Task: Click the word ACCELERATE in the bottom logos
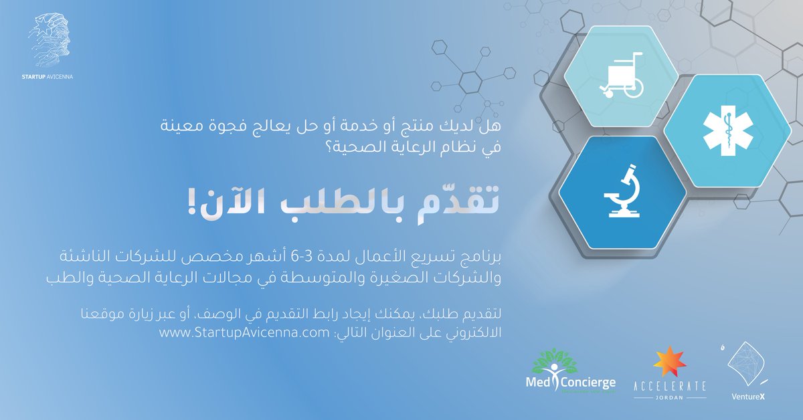[x=669, y=386]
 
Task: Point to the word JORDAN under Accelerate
[x=669, y=398]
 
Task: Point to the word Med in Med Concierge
[x=540, y=383]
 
